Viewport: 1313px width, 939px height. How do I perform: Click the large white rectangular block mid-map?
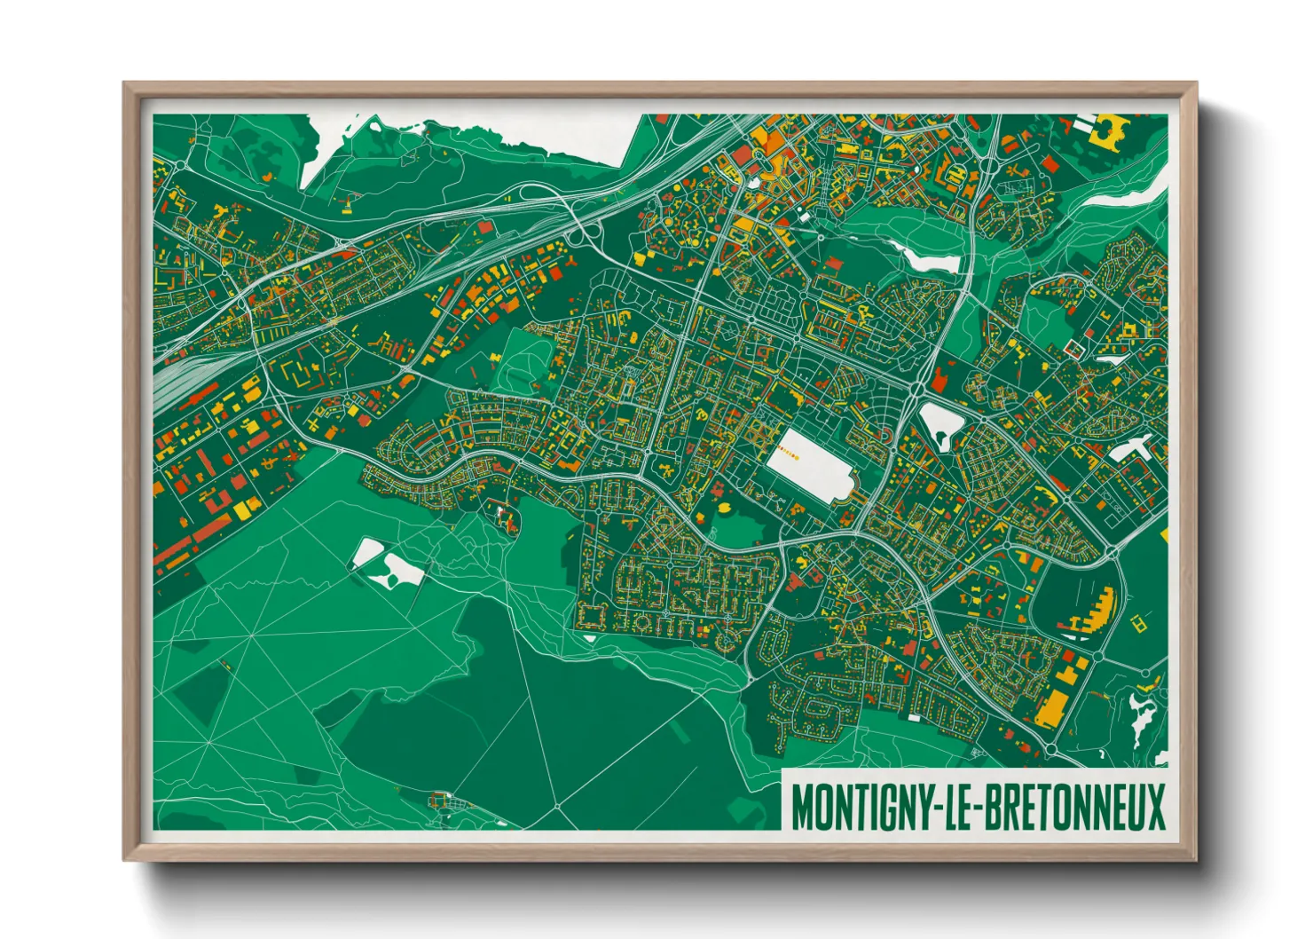click(x=806, y=465)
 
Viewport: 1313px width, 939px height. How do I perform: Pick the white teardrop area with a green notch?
click(x=939, y=423)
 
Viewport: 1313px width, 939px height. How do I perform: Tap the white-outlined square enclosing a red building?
click(x=1075, y=346)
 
